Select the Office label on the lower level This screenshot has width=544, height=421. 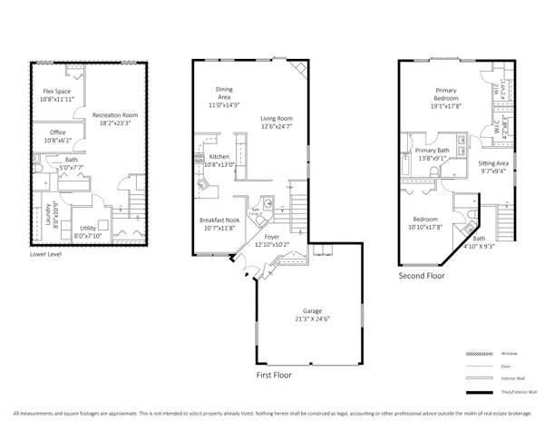[x=57, y=132]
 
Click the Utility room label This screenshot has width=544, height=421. [x=88, y=229]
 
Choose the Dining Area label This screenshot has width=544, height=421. [x=224, y=93]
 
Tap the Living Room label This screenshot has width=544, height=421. [x=277, y=119]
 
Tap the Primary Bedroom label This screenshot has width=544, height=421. [x=445, y=95]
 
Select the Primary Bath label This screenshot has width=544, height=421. [x=433, y=151]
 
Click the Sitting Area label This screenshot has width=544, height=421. [x=494, y=163]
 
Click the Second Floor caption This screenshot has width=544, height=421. [x=423, y=274]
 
